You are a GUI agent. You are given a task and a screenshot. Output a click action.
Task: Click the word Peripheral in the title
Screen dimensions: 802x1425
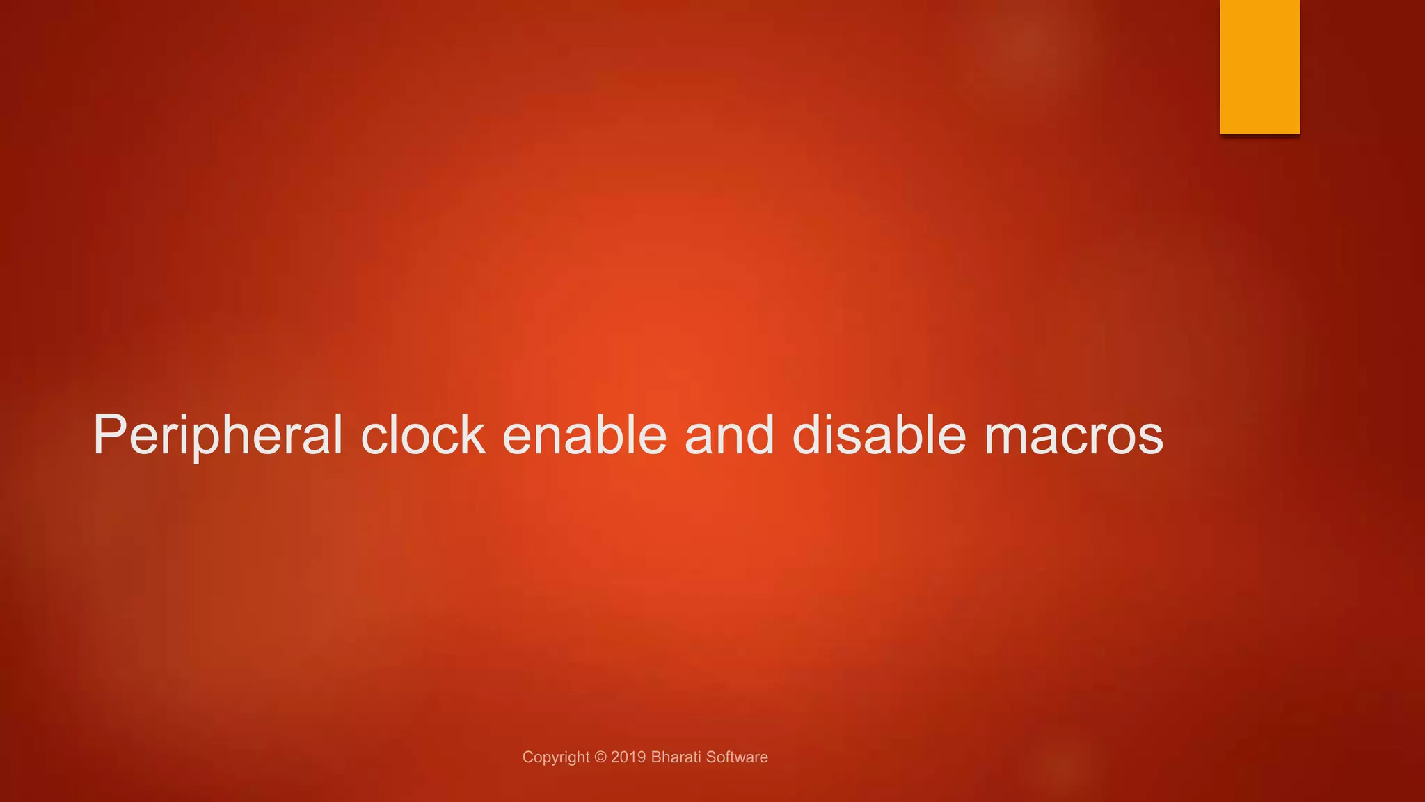pos(218,435)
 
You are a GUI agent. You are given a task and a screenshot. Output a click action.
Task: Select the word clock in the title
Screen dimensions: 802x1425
pos(422,435)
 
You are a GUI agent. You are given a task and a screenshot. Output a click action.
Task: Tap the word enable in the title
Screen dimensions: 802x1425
pos(584,435)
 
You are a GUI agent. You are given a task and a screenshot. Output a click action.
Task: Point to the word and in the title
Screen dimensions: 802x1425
pos(729,435)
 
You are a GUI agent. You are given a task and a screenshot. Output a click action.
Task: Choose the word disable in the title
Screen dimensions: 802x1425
pos(879,435)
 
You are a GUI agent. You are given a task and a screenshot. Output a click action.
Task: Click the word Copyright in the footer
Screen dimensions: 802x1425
pos(555,757)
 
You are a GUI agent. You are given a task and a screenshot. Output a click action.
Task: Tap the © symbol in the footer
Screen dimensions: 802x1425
pos(600,757)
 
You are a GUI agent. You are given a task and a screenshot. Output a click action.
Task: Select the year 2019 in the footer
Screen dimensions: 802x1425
pos(628,757)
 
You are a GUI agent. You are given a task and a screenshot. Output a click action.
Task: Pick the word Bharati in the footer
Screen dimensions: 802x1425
pos(676,757)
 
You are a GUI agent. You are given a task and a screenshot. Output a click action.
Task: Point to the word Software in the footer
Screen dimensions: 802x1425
pos(737,757)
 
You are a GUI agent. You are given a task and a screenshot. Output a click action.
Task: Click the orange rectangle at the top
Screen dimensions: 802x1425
pos(1259,66)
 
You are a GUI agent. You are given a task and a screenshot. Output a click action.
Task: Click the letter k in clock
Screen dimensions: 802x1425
pos(472,435)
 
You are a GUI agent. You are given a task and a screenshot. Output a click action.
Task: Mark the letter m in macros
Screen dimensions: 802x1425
pos(1003,439)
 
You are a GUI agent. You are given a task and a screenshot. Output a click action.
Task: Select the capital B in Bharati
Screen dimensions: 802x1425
pos(655,757)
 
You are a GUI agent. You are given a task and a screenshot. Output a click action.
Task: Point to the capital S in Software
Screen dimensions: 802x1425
pos(710,757)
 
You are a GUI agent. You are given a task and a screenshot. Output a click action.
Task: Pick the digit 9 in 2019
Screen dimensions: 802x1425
pos(642,757)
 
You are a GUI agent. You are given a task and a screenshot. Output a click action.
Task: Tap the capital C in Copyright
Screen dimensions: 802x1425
pos(527,757)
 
